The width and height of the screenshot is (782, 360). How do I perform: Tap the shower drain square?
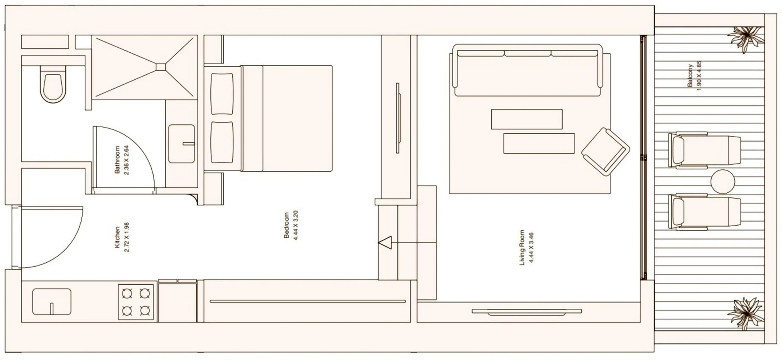click(x=161, y=67)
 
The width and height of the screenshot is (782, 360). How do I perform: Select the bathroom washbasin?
click(x=181, y=144)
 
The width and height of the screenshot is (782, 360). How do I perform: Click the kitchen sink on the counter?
click(x=52, y=302)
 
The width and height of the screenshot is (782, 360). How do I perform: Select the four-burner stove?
click(x=136, y=302)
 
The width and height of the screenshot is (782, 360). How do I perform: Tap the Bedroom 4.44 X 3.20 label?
click(x=291, y=225)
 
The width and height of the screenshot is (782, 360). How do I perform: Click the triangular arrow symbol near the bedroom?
click(x=385, y=243)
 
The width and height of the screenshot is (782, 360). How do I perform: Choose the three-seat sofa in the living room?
click(x=528, y=70)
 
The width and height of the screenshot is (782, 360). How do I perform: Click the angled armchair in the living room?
click(x=605, y=152)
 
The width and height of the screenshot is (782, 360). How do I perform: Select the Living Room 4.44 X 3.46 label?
click(x=526, y=247)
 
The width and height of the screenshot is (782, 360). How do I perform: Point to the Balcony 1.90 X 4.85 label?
click(x=694, y=75)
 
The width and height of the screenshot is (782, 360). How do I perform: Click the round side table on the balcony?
click(x=722, y=182)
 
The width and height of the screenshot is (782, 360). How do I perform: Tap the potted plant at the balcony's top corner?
click(x=746, y=39)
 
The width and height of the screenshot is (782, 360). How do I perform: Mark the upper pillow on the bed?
click(x=222, y=93)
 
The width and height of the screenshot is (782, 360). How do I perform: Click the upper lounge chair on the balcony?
click(x=704, y=150)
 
